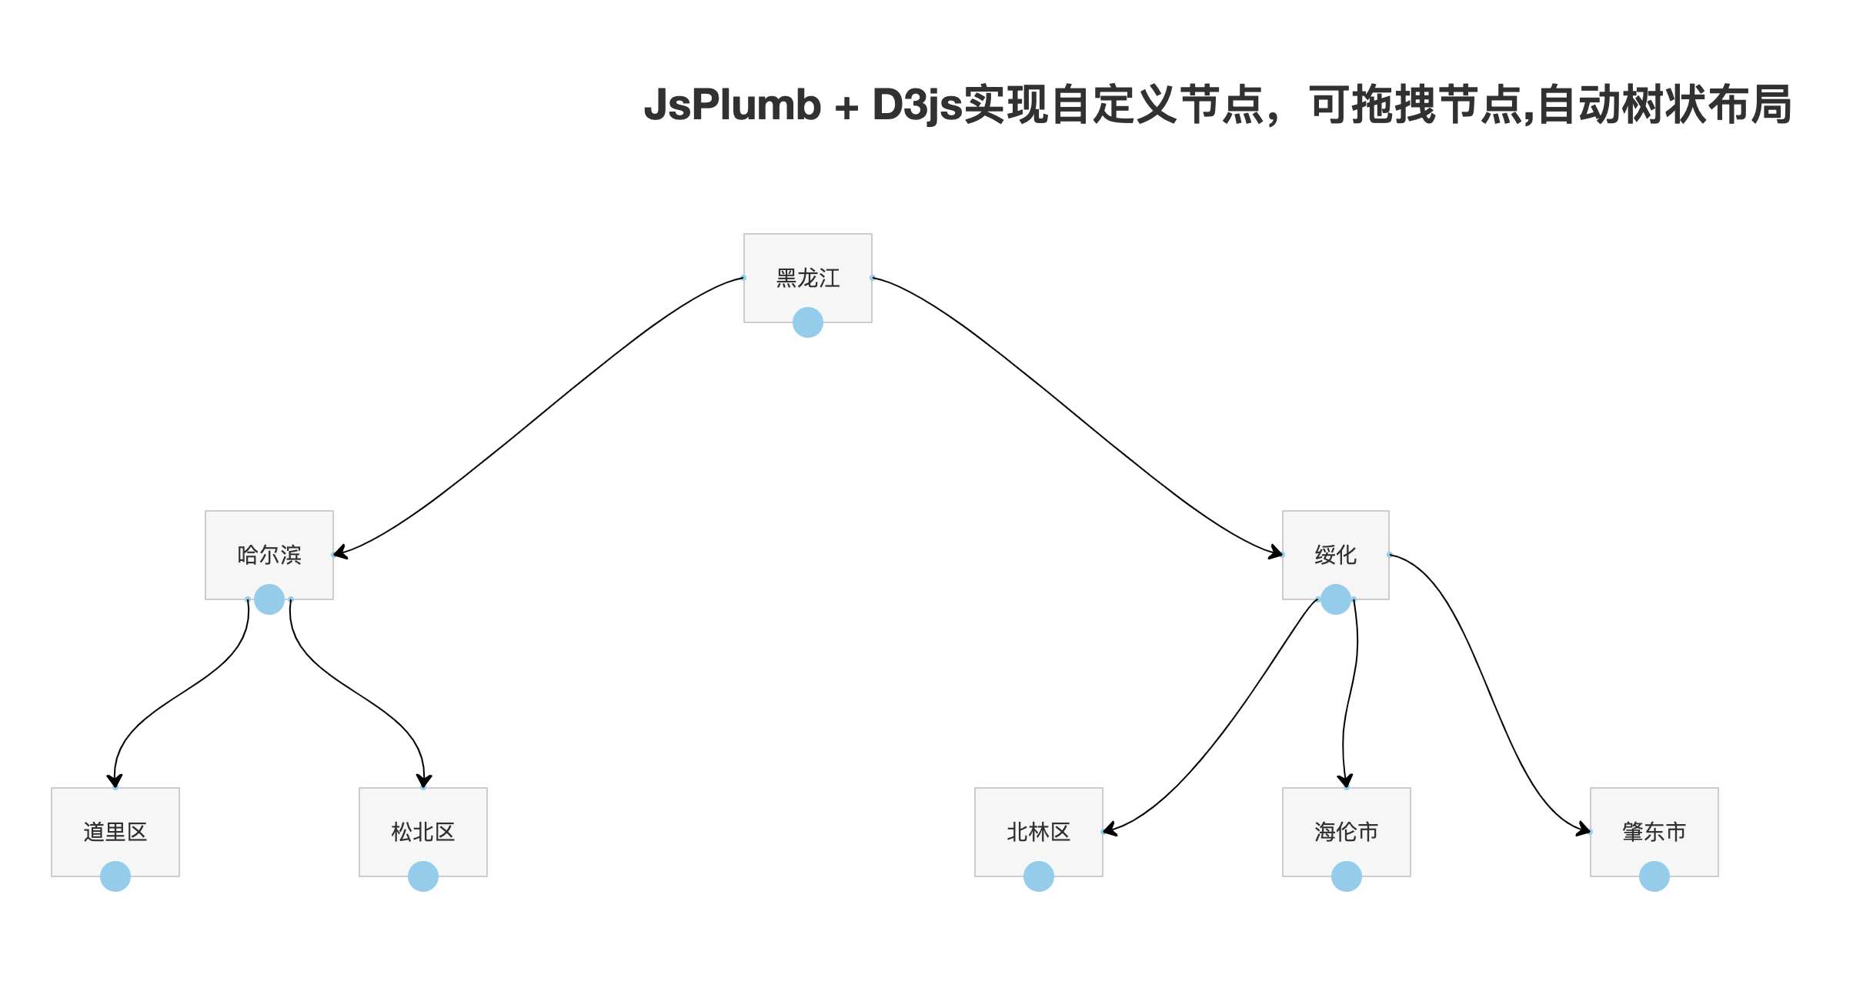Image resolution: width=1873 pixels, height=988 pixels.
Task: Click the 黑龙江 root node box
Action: (x=807, y=278)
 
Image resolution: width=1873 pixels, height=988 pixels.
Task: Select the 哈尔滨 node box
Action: (x=269, y=555)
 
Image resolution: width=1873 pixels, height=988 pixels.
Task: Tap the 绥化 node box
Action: (x=1335, y=555)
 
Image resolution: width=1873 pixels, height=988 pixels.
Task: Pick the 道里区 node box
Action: (x=115, y=832)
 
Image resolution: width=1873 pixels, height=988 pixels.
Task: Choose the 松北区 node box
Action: (x=422, y=832)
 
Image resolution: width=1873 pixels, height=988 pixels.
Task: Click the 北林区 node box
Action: (x=1038, y=832)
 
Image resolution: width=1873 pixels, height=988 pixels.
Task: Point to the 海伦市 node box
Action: (x=1346, y=832)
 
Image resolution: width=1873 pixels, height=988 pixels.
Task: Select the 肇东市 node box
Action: (x=1654, y=832)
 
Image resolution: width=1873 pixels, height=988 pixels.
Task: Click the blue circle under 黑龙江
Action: (x=808, y=322)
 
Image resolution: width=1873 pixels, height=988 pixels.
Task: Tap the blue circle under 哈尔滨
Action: (x=269, y=599)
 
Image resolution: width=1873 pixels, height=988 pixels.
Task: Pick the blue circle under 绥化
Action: (x=1336, y=599)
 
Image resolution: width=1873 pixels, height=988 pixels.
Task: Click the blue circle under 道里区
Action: (x=115, y=876)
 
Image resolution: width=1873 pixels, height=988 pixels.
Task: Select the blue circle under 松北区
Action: (x=423, y=876)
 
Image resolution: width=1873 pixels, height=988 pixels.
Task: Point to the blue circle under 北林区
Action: (x=1039, y=876)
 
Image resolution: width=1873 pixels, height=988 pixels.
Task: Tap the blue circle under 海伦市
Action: (x=1347, y=876)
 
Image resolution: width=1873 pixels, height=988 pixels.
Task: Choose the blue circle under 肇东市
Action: (x=1654, y=876)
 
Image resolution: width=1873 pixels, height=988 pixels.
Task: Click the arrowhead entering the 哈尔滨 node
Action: (x=341, y=552)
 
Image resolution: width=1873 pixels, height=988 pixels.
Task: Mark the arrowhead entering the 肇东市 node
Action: (x=1583, y=829)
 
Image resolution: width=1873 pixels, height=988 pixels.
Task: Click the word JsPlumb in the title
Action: (x=733, y=105)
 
